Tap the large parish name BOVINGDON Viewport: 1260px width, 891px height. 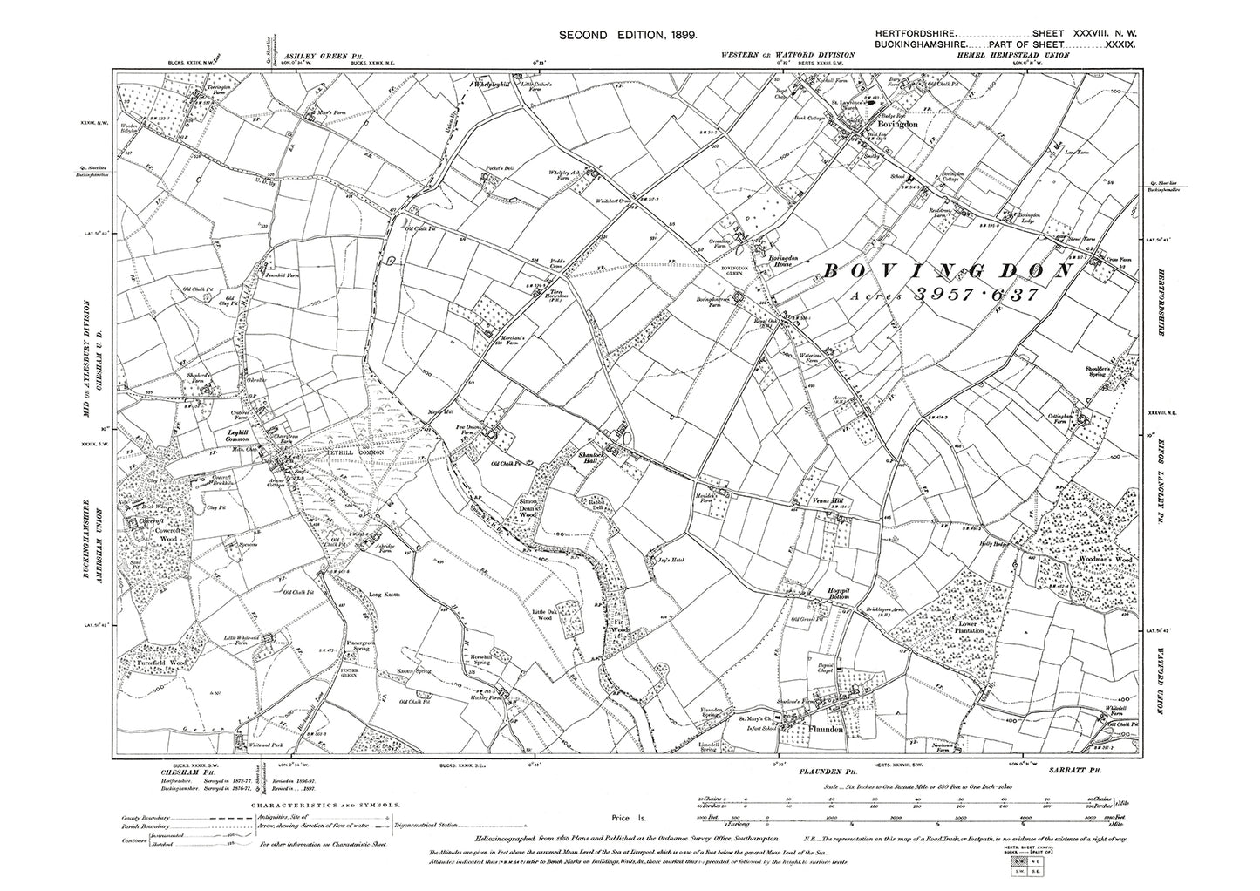point(947,272)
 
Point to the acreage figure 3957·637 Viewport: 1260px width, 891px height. point(975,296)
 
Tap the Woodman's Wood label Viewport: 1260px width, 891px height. point(1111,558)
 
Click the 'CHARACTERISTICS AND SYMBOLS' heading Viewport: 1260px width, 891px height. point(324,807)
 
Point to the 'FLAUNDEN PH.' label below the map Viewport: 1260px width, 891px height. point(824,772)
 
